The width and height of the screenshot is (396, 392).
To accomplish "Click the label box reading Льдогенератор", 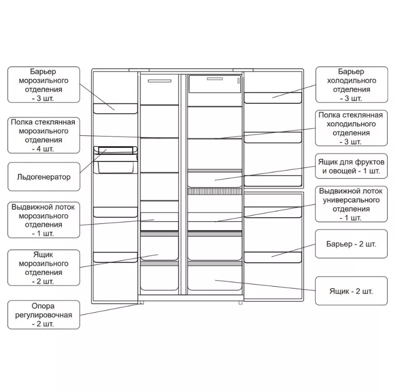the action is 44,177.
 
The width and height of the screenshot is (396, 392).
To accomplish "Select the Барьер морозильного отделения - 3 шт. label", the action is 44,85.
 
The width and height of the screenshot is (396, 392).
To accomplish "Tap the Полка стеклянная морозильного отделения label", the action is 44,135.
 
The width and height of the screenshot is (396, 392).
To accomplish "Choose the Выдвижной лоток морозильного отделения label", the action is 44,220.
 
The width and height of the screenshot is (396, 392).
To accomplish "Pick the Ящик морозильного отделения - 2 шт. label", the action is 44,268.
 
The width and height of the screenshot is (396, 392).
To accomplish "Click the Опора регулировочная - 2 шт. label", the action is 44,315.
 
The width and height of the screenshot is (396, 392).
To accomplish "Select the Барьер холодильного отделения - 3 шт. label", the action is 352,85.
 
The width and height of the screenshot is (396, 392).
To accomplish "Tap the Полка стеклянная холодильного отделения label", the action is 351,128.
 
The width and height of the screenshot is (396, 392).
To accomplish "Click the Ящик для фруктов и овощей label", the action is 351,166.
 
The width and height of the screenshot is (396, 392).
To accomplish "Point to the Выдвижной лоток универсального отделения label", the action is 351,204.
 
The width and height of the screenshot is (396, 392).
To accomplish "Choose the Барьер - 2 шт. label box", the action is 351,244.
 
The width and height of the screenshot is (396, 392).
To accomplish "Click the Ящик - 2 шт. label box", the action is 351,291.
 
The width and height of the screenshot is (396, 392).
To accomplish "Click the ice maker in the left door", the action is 116,160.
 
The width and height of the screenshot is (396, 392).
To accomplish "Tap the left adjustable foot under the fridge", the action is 141,302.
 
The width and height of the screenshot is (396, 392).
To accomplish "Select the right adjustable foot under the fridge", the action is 240,302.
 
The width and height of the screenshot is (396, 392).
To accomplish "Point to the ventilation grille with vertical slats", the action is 215,192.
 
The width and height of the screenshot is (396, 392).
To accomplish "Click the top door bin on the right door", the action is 273,98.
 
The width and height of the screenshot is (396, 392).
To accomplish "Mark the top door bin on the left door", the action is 115,109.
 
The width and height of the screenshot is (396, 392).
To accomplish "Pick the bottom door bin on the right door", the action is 273,258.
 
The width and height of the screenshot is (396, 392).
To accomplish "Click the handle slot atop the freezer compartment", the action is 160,81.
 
